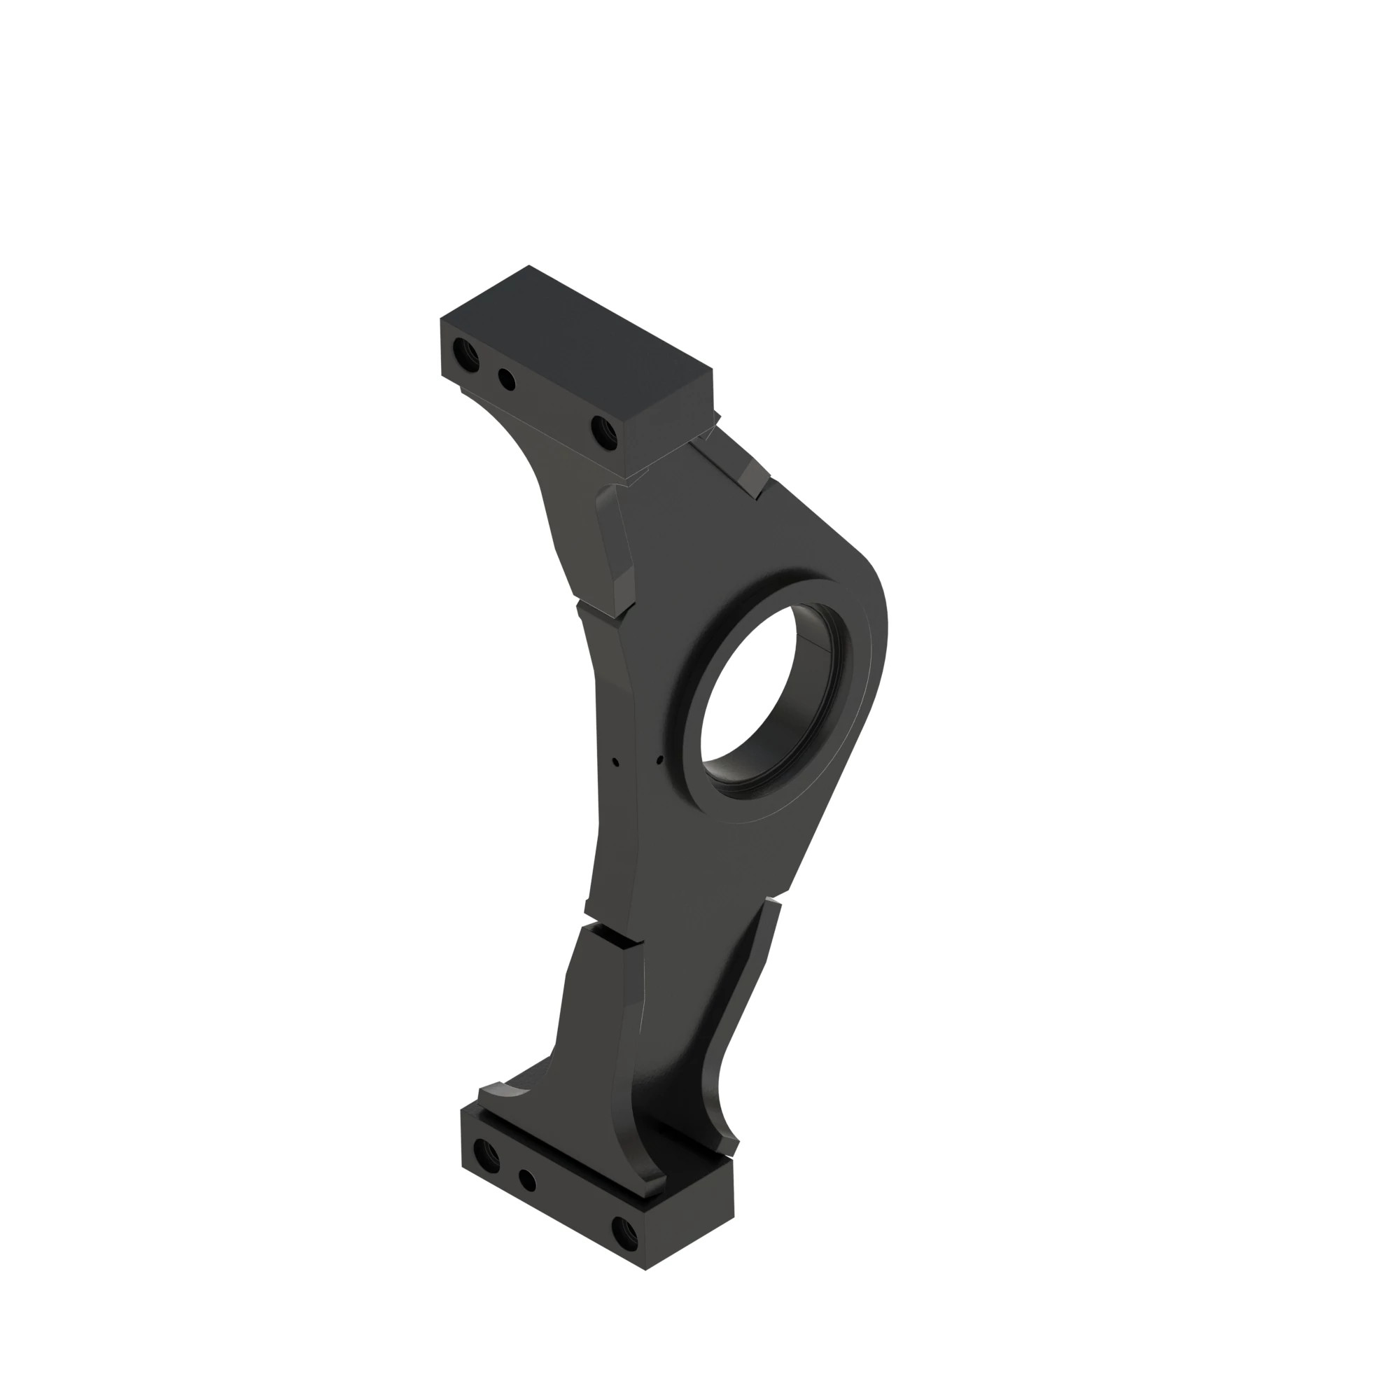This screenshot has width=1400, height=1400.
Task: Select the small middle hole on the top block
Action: tap(507, 379)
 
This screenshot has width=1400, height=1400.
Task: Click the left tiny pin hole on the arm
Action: tap(615, 762)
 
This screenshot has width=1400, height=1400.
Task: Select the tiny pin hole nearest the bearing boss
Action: tap(659, 760)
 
